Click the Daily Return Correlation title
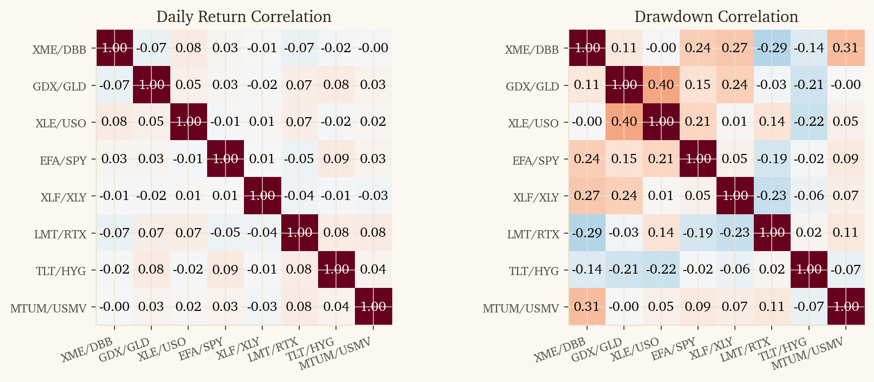[243, 17]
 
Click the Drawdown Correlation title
[716, 17]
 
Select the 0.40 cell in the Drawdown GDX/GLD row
[661, 85]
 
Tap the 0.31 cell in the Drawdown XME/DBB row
[845, 48]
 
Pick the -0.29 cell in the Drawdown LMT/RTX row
[587, 233]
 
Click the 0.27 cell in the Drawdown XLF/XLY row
[587, 196]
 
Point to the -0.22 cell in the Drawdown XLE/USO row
[809, 122]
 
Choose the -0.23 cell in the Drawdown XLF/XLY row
[772, 196]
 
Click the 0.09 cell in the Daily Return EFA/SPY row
[336, 159]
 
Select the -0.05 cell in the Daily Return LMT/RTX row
[225, 233]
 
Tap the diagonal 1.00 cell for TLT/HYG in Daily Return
[336, 270]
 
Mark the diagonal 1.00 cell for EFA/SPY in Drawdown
[698, 159]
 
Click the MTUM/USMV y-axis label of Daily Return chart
[48, 308]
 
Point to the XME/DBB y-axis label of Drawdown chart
[532, 50]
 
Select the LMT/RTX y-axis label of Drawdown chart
[533, 235]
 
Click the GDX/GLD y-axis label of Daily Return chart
[59, 86]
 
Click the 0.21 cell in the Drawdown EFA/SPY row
[661, 159]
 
